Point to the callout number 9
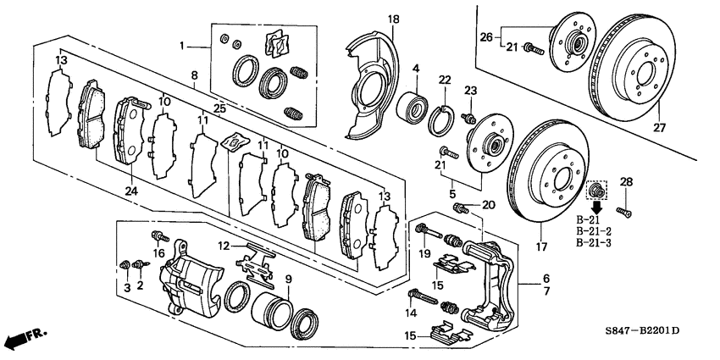[287, 280]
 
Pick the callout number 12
[224, 246]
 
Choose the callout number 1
[180, 43]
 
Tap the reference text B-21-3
[593, 243]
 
